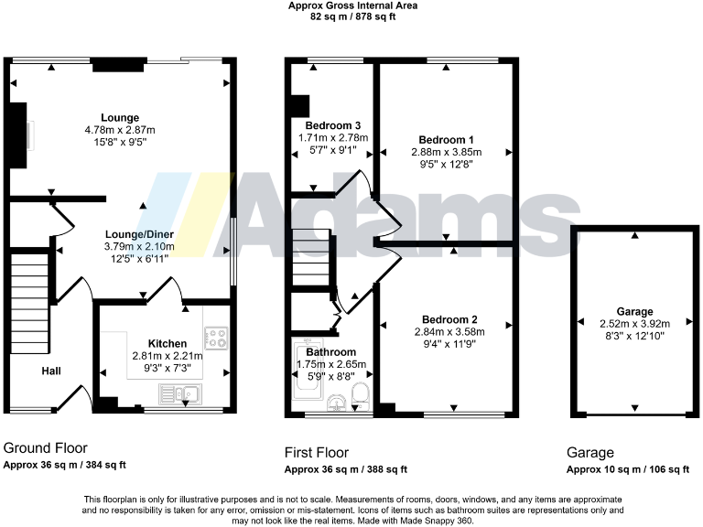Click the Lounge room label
click(120, 117)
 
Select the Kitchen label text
click(168, 343)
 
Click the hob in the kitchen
click(217, 338)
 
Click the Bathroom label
click(330, 351)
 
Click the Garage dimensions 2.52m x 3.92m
click(634, 323)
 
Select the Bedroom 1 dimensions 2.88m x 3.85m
click(446, 153)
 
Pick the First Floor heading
click(316, 452)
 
